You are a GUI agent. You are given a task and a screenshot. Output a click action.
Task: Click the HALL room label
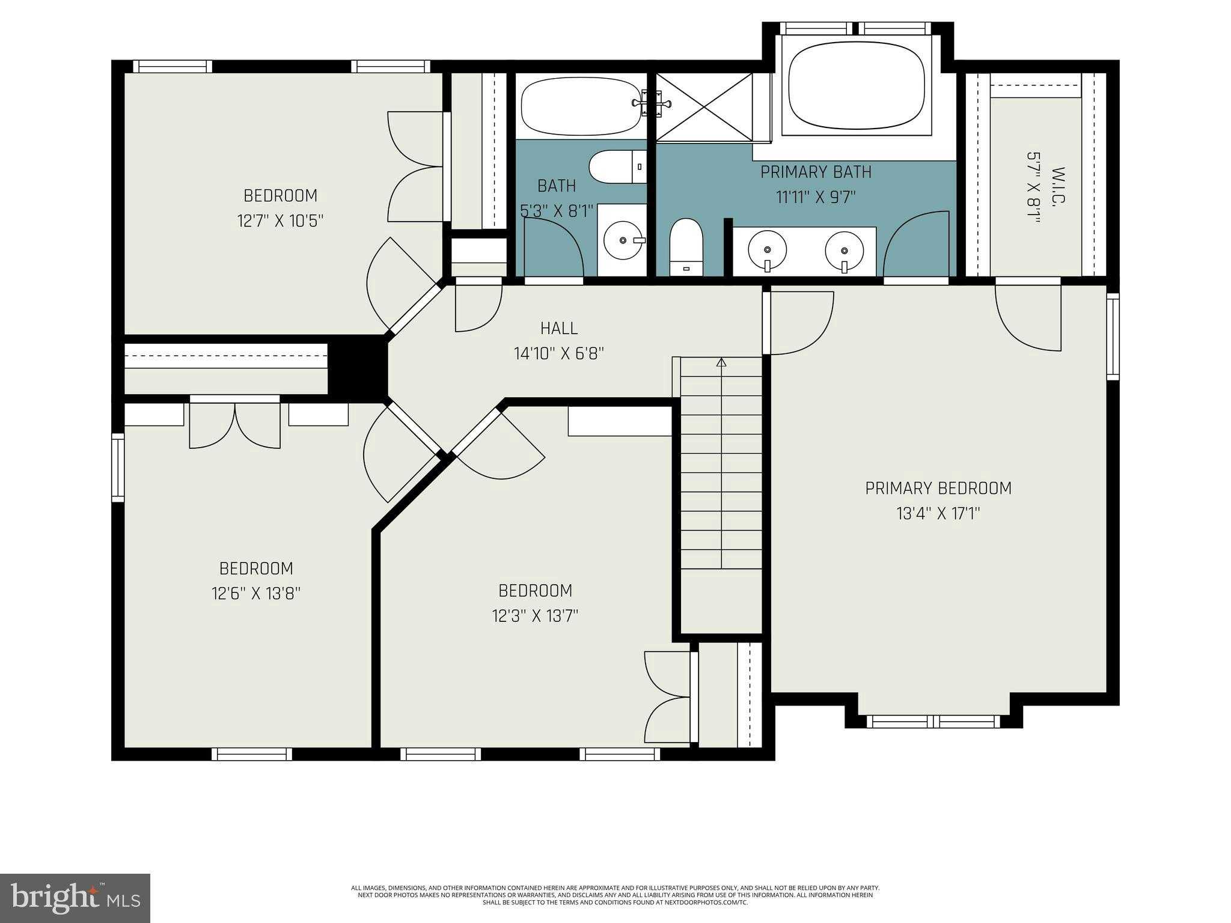[x=558, y=328]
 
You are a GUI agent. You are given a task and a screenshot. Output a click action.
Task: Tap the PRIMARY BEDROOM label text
[x=938, y=488]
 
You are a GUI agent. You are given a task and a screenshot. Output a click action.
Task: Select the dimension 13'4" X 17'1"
[x=938, y=514]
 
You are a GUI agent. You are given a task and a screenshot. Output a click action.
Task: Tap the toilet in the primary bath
[x=686, y=246]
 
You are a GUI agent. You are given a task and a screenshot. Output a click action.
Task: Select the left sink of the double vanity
[x=768, y=249]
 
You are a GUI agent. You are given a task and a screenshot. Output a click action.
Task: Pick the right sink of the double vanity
[x=845, y=249]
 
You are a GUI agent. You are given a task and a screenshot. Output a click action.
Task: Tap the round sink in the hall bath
[x=623, y=240]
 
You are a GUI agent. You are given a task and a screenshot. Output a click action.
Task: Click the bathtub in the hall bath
[x=581, y=107]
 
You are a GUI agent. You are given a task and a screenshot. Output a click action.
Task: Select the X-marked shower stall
[x=704, y=107]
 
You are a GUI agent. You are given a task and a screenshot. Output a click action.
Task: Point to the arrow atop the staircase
[x=721, y=362]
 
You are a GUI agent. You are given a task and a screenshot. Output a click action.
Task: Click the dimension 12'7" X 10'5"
[x=281, y=221]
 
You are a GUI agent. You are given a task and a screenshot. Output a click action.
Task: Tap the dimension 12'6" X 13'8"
[x=256, y=594]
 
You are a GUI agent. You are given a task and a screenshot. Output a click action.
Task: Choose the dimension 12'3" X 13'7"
[x=535, y=616]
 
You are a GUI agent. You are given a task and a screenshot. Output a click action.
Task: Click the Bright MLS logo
[x=75, y=899]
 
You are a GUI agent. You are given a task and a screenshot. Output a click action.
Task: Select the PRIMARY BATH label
[x=816, y=172]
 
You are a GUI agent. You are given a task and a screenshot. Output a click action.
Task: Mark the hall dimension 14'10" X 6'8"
[x=558, y=353]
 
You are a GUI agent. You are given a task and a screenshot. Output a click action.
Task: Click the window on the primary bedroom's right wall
[x=1113, y=337]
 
